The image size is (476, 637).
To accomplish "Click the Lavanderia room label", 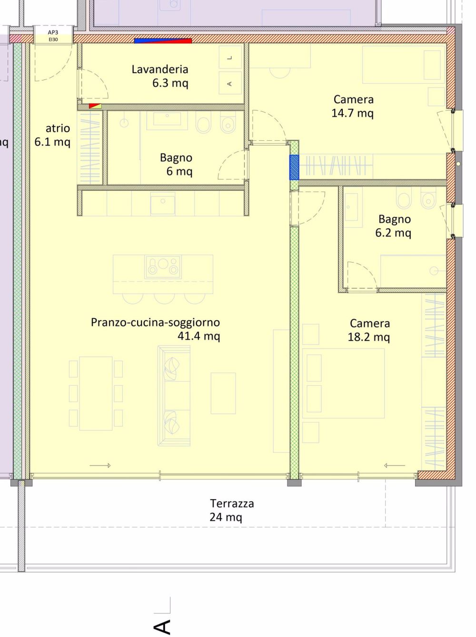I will coord(160,69).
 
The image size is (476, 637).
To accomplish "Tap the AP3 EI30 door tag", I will coord(53,36).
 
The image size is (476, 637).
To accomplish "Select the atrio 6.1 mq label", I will coord(53,135).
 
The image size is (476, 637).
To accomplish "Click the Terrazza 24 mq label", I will coord(231,510).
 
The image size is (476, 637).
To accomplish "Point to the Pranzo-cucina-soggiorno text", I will coord(155,323).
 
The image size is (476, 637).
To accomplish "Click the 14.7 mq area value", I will coord(352,113).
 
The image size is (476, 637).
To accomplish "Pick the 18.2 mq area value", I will coord(368,337).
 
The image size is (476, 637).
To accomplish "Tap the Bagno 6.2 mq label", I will coord(394,225).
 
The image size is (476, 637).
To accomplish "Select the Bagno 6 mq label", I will coord(177,164).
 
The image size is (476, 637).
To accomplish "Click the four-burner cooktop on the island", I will coord(163,267).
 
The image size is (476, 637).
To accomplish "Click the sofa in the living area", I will coord(174,396).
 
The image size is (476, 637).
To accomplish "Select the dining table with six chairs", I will coord(96,393).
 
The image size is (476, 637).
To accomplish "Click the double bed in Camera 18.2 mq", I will coord(343,383).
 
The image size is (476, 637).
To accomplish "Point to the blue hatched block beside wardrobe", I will coord(294,167).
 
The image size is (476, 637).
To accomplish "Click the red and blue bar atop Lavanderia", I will coord(163,41).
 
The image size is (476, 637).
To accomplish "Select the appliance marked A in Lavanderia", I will coord(230,83).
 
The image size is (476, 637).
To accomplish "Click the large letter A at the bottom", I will coord(162,627).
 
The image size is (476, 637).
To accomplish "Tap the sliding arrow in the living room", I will coord(100,465).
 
